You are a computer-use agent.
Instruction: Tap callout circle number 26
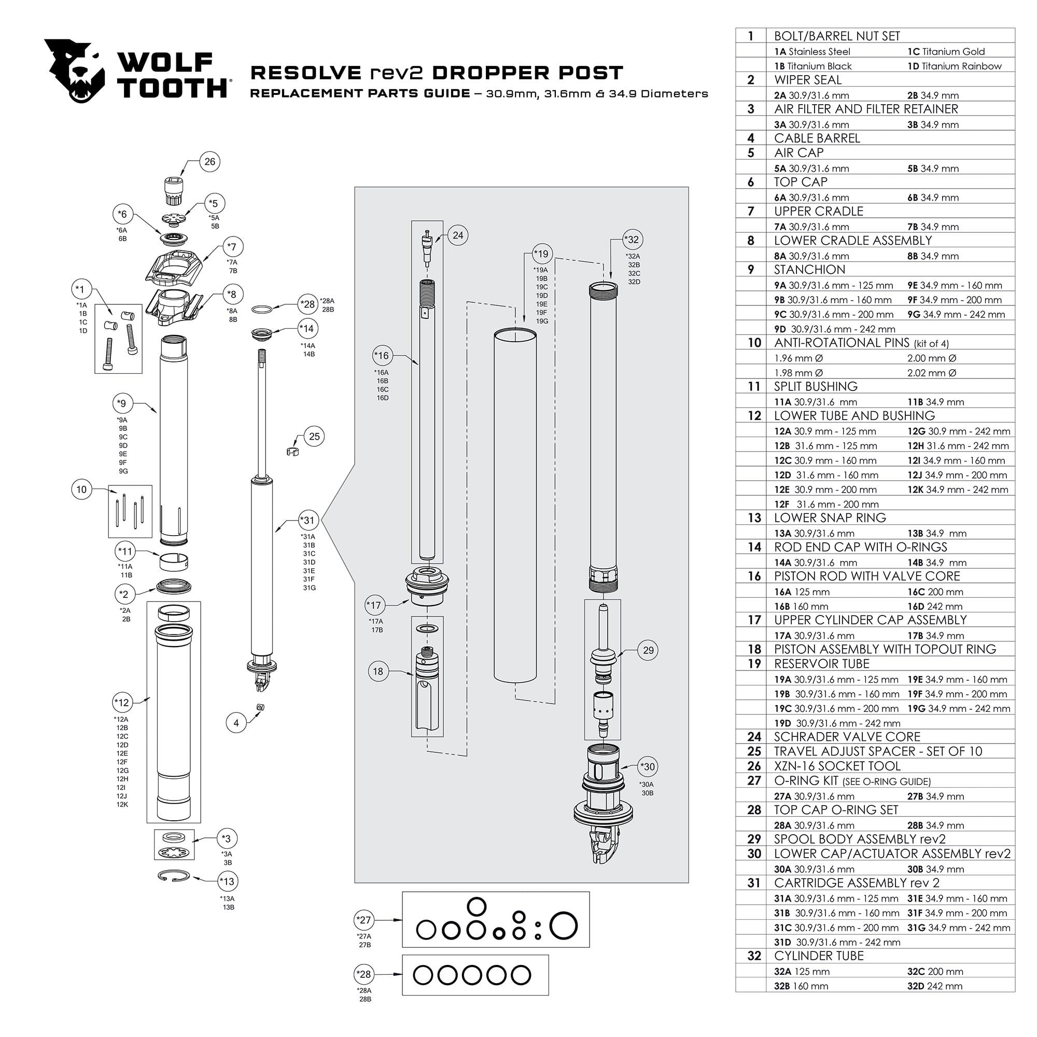pos(209,162)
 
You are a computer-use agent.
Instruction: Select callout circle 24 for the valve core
pos(457,235)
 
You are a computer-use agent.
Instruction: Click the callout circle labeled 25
pos(314,437)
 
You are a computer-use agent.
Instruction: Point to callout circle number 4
pos(236,723)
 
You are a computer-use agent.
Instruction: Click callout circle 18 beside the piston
pos(378,671)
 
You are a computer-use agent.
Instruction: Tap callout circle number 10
pos(81,489)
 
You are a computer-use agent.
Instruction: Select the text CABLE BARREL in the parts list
pos(817,138)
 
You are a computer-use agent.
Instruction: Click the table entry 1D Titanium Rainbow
pos(955,66)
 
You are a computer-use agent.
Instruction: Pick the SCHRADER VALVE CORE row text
pos(847,736)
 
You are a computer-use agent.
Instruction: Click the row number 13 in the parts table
pos(754,517)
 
